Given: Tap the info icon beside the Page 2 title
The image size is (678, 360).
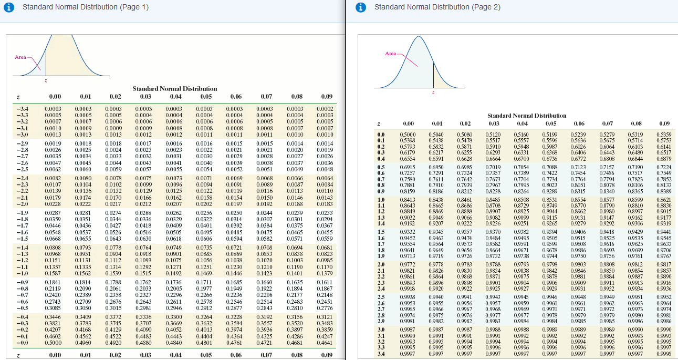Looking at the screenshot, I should [x=360, y=7].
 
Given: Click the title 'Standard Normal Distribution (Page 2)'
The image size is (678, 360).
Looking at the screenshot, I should [x=437, y=7].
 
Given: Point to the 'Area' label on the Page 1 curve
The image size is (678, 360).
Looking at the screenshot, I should [x=20, y=57].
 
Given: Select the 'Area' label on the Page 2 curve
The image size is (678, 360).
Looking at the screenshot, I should [x=391, y=54].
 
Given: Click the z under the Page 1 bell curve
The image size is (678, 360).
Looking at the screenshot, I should [x=46, y=80].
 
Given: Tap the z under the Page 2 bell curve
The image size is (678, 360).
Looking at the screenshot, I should [x=433, y=93].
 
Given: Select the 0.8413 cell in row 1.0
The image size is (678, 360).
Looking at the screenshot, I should [x=408, y=200].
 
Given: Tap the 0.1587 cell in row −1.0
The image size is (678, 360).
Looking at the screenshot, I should [x=54, y=273].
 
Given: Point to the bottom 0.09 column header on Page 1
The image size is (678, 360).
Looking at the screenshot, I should [x=326, y=355].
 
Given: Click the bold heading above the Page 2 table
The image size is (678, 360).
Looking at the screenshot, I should [x=527, y=115].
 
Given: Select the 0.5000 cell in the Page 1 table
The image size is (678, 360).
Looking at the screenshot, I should [x=54, y=343].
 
